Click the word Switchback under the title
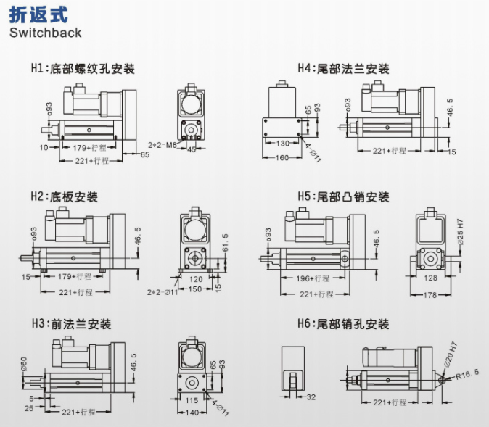(x=45, y=33)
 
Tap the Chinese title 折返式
(x=34, y=14)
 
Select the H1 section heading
(x=82, y=70)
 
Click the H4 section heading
(x=343, y=70)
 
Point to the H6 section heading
(x=343, y=324)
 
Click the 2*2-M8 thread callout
(x=162, y=145)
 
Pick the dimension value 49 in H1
(x=192, y=149)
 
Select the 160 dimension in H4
(x=282, y=158)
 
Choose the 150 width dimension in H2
(x=195, y=289)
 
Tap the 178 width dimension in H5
(x=430, y=295)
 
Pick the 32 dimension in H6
(x=311, y=397)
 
